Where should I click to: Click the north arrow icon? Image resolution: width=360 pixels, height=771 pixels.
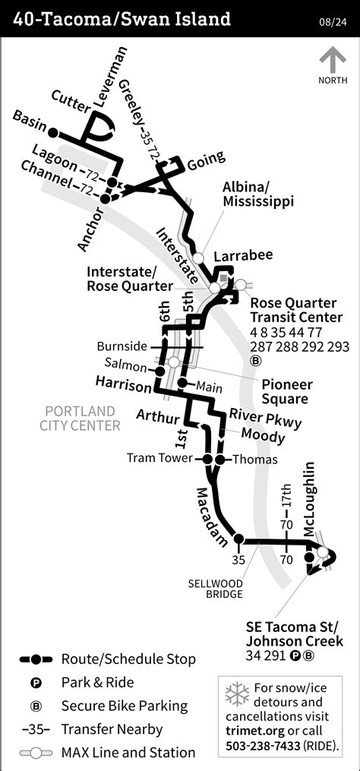331,61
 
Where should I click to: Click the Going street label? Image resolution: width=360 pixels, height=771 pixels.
206,159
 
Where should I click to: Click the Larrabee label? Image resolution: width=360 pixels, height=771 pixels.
242,255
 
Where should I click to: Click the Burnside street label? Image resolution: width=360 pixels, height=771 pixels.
122,346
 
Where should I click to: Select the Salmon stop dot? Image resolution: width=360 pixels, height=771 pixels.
160,371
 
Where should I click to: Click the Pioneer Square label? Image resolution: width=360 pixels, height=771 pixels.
285,391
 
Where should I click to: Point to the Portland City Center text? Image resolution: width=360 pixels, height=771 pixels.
80,418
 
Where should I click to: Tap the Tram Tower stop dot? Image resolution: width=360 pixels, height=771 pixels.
207,460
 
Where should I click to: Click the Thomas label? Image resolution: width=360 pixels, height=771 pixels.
254,460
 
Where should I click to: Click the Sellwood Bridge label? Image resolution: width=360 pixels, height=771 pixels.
216,589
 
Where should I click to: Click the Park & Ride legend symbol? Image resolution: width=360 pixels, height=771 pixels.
35,683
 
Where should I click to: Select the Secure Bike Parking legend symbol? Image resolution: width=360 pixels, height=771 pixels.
35,706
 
